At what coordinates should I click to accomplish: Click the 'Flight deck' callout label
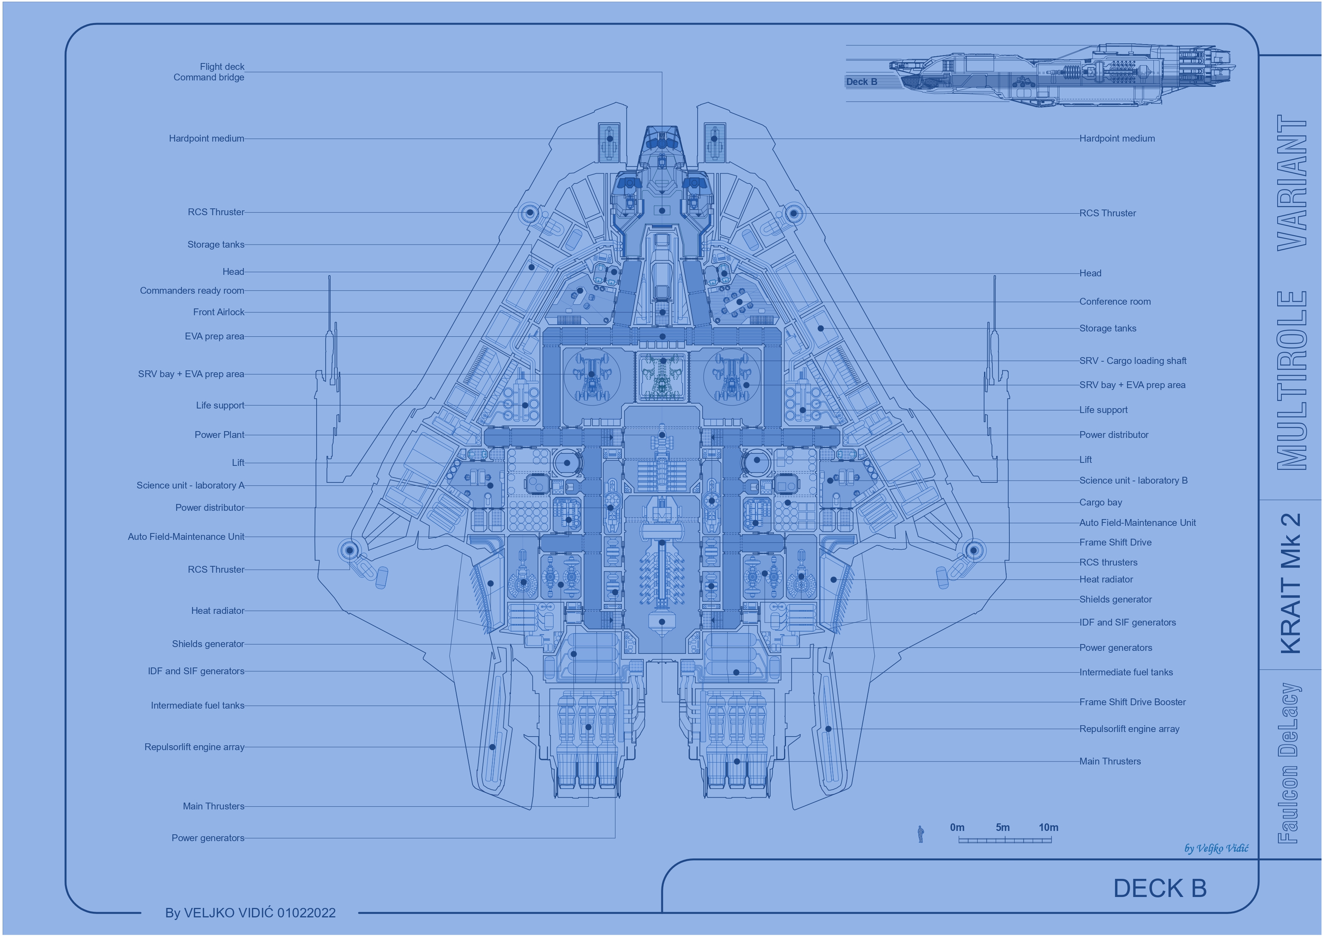(x=222, y=67)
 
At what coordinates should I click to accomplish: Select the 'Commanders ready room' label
(x=192, y=291)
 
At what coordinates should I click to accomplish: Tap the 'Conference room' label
(x=1115, y=302)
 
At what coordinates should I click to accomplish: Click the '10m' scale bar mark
(x=1048, y=828)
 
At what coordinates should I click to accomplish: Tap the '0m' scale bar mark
(x=957, y=828)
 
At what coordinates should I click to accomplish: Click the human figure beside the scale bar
(x=921, y=834)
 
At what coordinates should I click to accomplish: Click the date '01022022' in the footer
(x=306, y=913)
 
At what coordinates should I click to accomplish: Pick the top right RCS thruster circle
(x=793, y=213)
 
